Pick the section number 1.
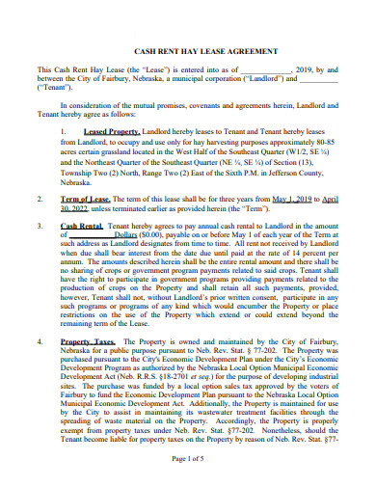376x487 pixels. click(x=63, y=130)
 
